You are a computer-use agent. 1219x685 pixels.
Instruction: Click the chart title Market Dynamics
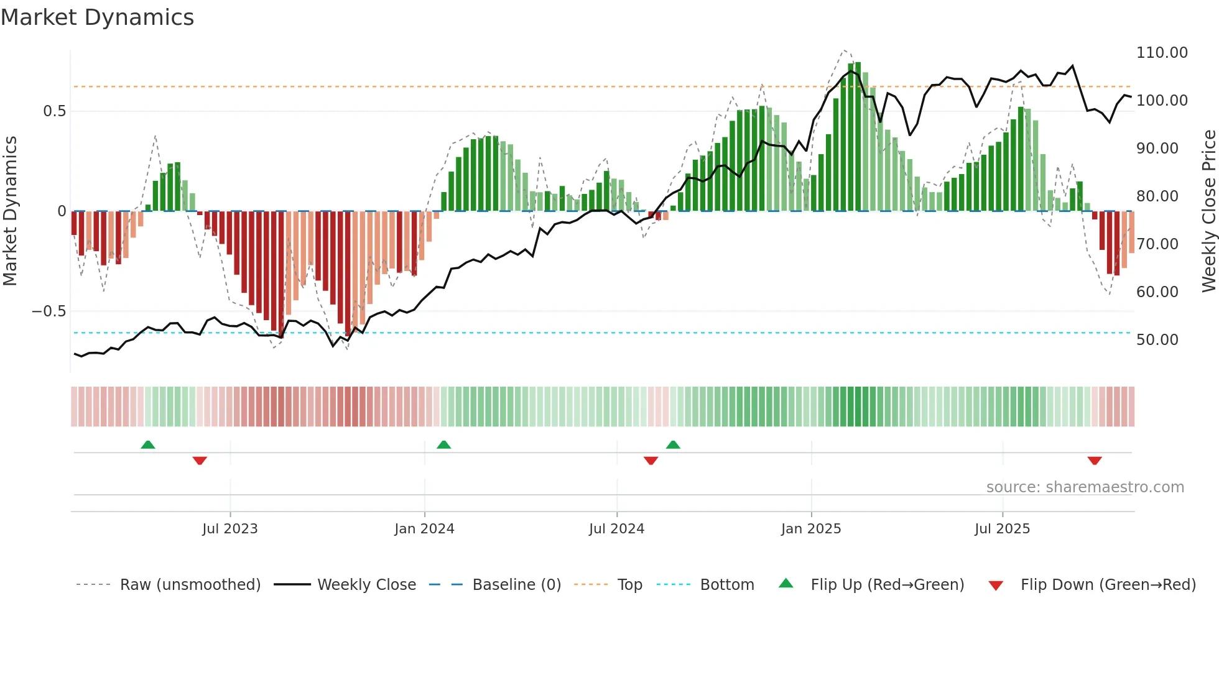97,17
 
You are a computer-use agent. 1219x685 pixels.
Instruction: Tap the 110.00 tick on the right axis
1162,53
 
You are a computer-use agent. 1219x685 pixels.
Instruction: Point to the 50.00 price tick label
1157,340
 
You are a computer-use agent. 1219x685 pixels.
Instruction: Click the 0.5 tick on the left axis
54,111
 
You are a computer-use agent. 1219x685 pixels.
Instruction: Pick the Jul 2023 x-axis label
229,529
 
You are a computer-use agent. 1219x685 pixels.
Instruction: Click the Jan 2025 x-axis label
811,529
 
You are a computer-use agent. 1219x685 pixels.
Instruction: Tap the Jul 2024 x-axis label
616,529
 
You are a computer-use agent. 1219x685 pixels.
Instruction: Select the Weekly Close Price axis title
1208,211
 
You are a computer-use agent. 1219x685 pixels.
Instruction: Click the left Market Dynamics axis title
10,211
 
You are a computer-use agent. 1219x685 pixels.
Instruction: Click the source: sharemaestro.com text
1085,487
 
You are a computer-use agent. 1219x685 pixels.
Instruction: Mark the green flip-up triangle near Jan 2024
443,445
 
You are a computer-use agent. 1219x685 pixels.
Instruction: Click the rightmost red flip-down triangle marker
1095,461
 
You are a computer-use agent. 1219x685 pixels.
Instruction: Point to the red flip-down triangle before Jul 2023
200,461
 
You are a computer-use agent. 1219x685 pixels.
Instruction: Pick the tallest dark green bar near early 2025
858,137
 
